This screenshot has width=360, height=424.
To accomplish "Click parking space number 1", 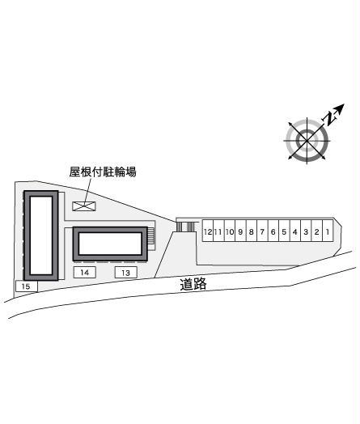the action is coord(328,231).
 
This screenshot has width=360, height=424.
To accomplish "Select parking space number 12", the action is coord(208,231).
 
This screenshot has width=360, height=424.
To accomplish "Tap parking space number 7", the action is coord(262,231).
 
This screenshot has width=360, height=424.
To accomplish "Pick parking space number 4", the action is coord(294,231).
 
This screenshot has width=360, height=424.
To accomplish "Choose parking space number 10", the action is coord(230,231).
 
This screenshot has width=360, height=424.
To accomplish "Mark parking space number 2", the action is coord(317,231).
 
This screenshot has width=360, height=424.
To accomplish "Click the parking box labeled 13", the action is coord(125,273).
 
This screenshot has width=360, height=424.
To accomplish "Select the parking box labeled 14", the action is coord(85,272).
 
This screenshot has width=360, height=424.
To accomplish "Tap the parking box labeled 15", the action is coord(27,286).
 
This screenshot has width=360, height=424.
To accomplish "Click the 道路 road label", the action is coord(193,284).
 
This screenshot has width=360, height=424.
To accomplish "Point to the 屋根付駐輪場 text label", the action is coord(103,172).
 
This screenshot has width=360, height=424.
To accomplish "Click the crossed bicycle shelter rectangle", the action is coord(84,206).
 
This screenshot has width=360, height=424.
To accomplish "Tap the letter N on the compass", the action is coord(330,118).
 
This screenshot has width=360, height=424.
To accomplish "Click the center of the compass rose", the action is coord(307,141).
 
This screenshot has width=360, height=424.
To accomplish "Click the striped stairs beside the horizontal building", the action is coord(151,235).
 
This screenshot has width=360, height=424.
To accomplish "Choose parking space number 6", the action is coord(273,231).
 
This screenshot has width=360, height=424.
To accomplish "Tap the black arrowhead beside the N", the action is coord(340,108).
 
